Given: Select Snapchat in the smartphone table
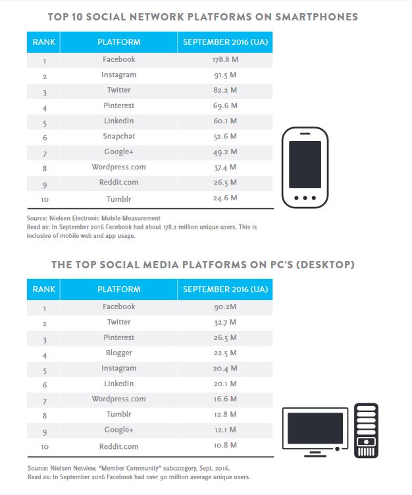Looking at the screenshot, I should click(119, 136).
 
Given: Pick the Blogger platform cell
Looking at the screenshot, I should click(119, 353).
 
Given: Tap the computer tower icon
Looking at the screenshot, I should click(366, 429).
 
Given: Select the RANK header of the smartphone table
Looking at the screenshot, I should click(43, 42).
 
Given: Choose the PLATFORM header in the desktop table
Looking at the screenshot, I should click(119, 289).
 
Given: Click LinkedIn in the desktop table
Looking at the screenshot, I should click(119, 384).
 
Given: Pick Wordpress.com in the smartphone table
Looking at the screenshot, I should click(119, 167).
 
